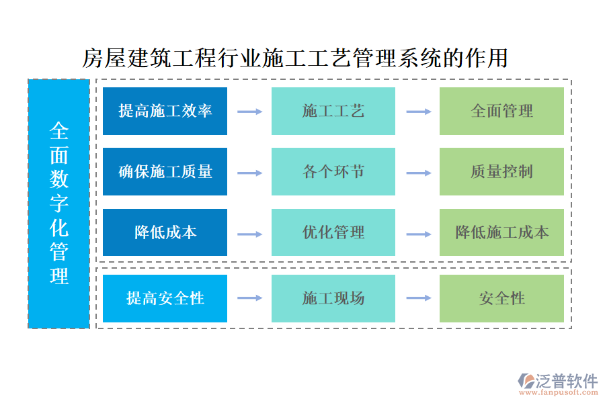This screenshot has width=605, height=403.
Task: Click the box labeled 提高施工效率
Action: click(165, 111)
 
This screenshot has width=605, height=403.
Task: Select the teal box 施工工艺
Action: click(333, 111)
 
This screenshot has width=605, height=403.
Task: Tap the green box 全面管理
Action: click(501, 111)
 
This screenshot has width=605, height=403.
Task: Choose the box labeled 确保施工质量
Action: click(165, 171)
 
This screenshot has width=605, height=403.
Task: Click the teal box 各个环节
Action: click(333, 171)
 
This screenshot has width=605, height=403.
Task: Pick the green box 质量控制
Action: click(501, 171)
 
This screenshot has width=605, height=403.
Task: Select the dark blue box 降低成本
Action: click(165, 232)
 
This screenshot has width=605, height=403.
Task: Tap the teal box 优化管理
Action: click(333, 232)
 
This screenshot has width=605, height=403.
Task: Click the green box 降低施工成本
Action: click(501, 232)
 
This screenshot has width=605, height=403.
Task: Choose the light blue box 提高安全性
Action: click(165, 298)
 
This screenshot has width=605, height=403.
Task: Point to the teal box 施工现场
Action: click(333, 298)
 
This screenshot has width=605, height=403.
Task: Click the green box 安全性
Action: click(501, 298)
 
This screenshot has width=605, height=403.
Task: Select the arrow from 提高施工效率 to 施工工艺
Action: click(249, 111)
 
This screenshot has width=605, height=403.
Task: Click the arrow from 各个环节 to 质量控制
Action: click(418, 173)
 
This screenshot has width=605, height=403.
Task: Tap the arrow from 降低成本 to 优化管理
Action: click(249, 234)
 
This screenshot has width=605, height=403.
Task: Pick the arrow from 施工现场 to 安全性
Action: click(418, 298)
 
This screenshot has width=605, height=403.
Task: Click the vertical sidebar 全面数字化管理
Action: click(59, 204)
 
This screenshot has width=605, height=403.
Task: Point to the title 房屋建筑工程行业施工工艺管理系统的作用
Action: click(294, 58)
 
